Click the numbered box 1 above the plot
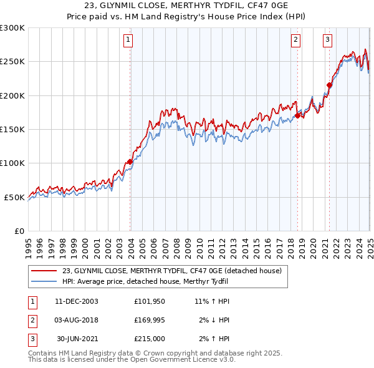click(x=128, y=40)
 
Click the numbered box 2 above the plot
click(x=295, y=40)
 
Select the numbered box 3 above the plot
click(x=327, y=40)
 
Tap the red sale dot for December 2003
click(x=130, y=162)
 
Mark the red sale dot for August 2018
click(x=297, y=115)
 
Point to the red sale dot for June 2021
click(x=330, y=85)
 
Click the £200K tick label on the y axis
click(x=12, y=95)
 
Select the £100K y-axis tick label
click(x=12, y=163)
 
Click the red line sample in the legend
click(x=44, y=271)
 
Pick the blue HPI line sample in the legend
click(x=44, y=281)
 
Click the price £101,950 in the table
click(x=149, y=301)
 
